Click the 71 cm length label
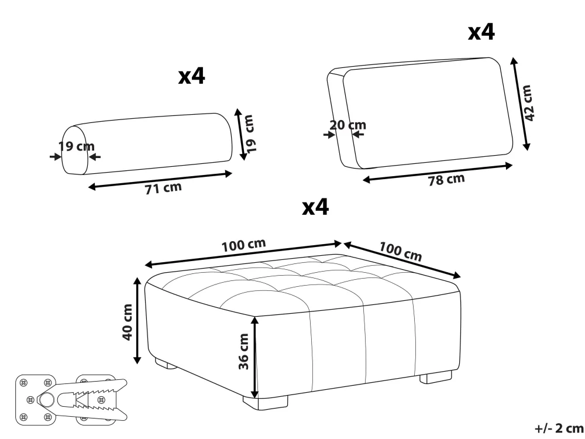[163, 188]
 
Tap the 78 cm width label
[446, 180]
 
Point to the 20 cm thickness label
[347, 125]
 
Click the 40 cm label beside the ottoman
[128, 322]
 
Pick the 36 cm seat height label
[243, 351]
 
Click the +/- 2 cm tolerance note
[559, 428]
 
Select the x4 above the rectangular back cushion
[481, 32]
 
